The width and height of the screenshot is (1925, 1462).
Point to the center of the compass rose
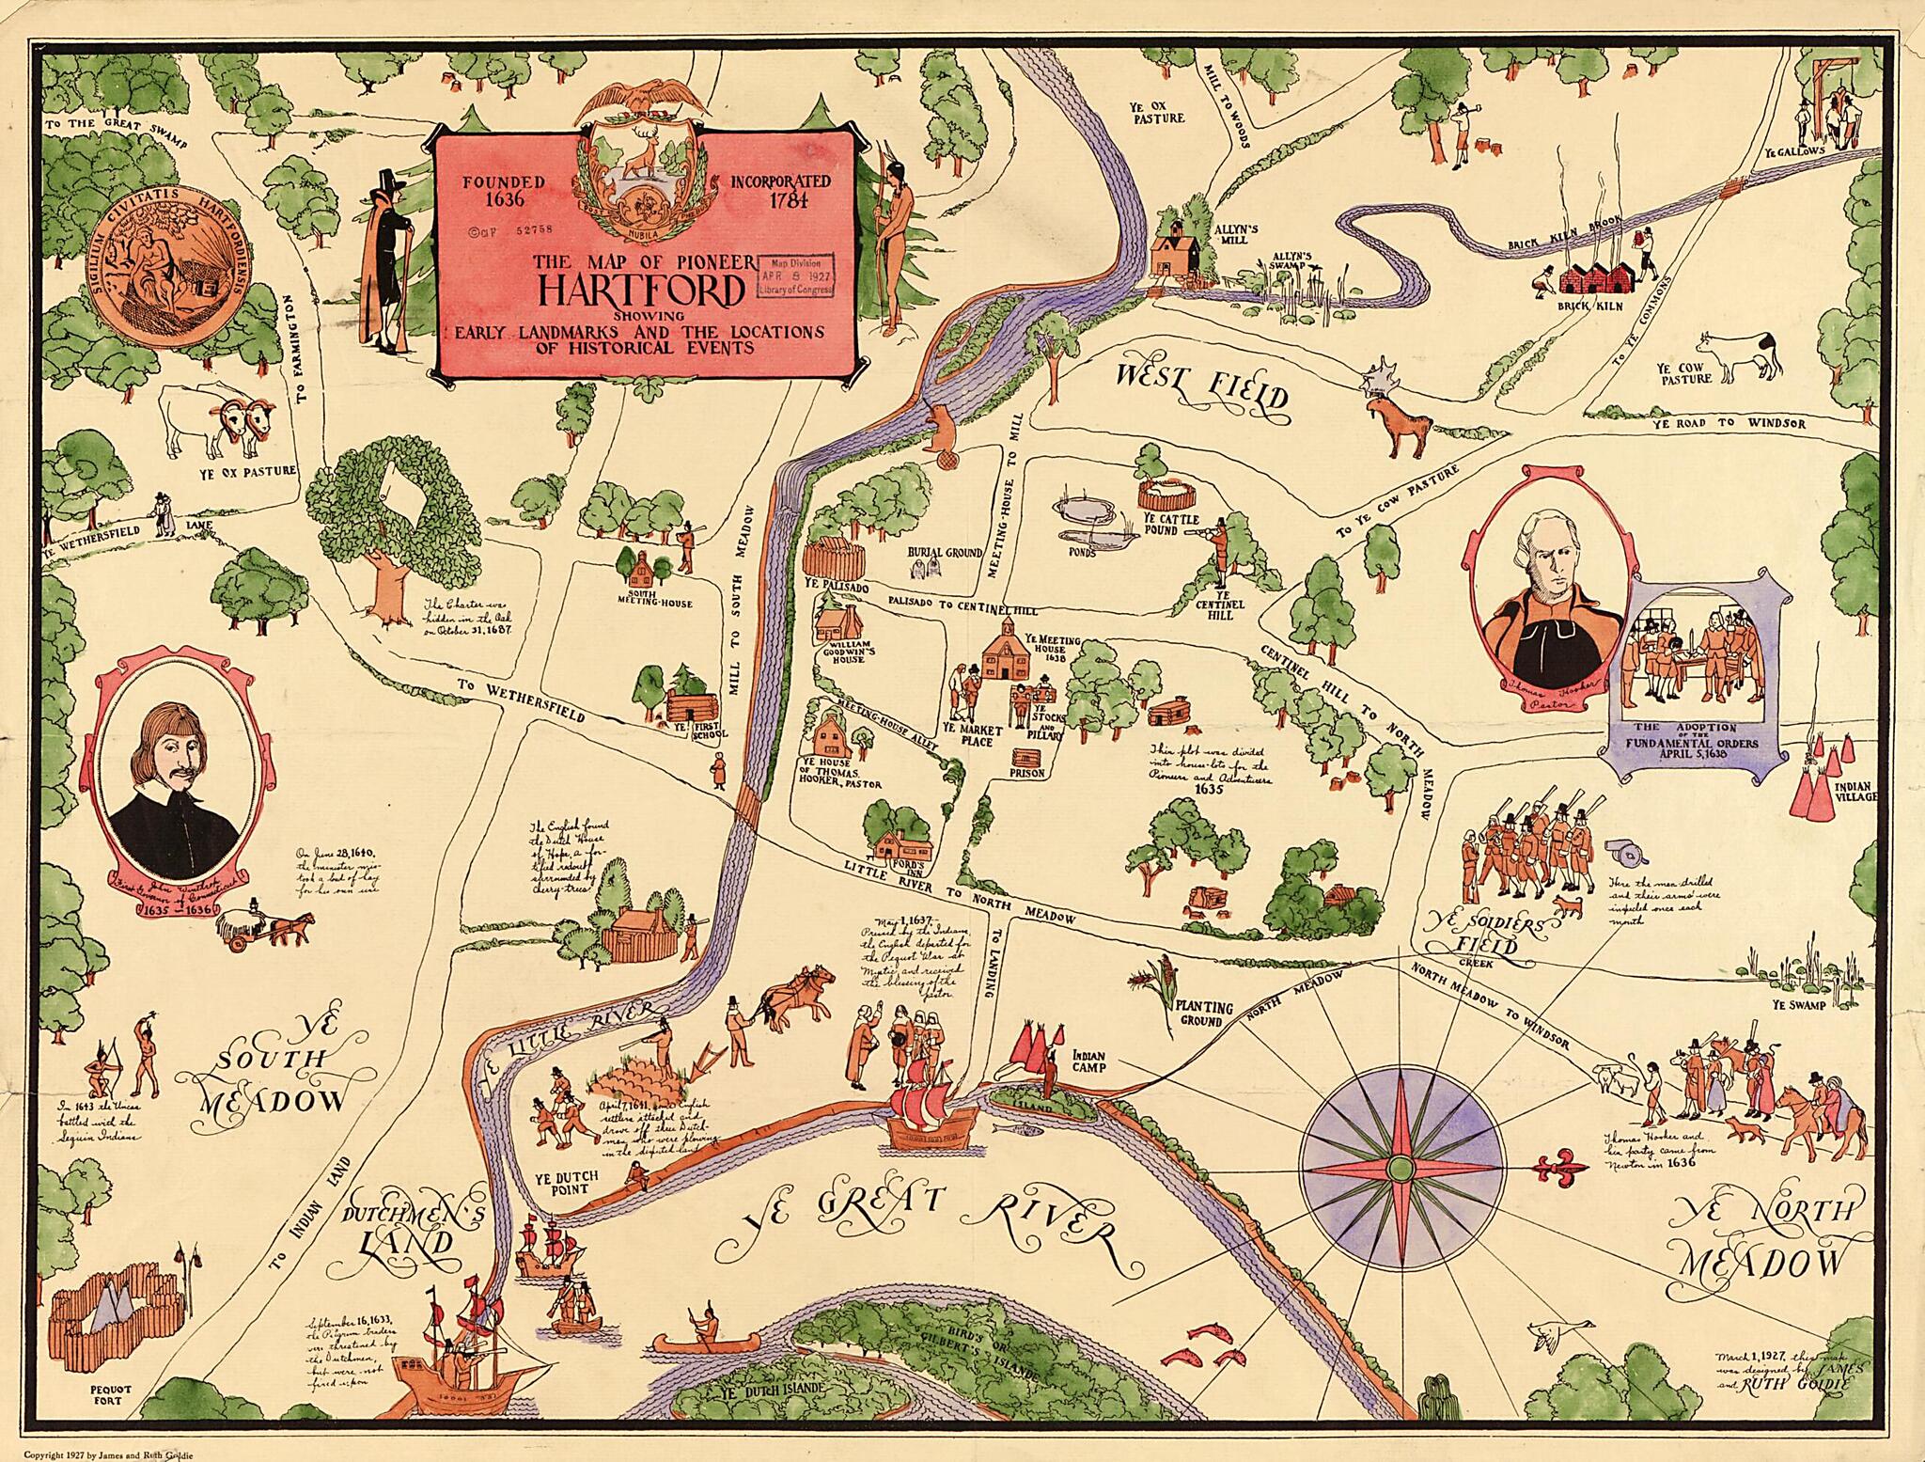click(x=1398, y=1169)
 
